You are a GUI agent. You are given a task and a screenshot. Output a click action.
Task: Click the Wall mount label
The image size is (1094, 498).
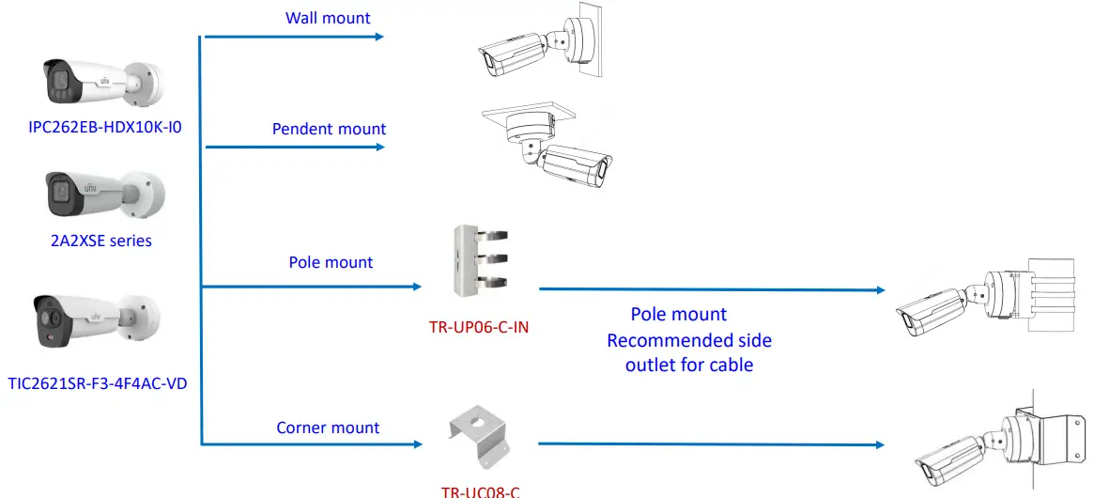click(328, 18)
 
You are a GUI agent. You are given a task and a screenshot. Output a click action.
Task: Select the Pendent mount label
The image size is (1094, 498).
click(329, 129)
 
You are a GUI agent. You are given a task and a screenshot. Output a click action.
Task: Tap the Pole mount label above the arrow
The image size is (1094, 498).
click(331, 262)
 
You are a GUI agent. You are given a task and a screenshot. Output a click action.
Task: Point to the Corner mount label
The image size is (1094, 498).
click(328, 428)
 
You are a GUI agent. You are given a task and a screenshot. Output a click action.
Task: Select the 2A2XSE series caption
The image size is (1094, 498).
click(101, 241)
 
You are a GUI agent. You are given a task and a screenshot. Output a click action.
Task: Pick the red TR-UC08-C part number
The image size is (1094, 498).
click(480, 490)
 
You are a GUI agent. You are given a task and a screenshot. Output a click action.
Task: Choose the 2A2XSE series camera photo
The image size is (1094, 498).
click(103, 196)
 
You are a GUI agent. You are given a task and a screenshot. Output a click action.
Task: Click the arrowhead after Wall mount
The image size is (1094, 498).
click(378, 37)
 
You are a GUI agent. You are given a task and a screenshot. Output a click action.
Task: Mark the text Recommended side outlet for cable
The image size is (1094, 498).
click(689, 351)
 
